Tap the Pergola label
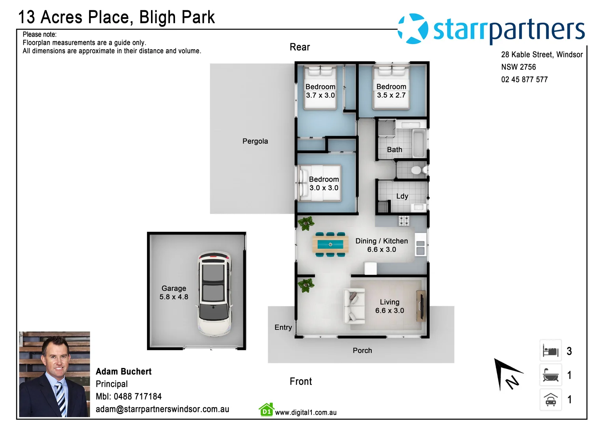pyautogui.click(x=255, y=141)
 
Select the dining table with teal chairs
pyautogui.click(x=330, y=244)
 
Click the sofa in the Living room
pyautogui.click(x=354, y=306)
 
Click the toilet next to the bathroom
pyautogui.click(x=416, y=170)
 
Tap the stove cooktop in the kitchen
pyautogui.click(x=404, y=221)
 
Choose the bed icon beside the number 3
pyautogui.click(x=550, y=351)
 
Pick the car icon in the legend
pyautogui.click(x=550, y=399)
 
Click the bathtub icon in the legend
pyautogui.click(x=550, y=375)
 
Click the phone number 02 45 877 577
pyautogui.click(x=524, y=79)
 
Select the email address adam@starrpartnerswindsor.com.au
pyautogui.click(x=162, y=409)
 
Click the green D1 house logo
pyautogui.click(x=267, y=410)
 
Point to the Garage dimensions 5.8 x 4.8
pyautogui.click(x=174, y=297)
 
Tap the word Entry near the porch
pyautogui.click(x=283, y=327)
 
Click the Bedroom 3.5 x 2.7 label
pyautogui.click(x=391, y=91)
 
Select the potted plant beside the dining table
pyautogui.click(x=306, y=224)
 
